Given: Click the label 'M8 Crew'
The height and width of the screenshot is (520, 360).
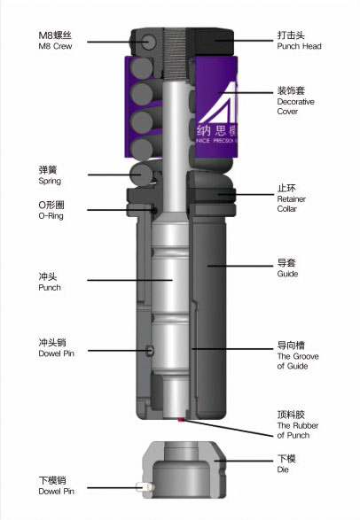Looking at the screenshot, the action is point(55,46).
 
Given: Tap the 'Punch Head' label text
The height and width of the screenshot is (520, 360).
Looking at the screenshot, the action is point(300,46).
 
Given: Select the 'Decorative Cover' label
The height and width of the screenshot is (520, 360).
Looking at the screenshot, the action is point(295,106).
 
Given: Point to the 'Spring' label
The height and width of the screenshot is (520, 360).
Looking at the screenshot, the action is point(50,181).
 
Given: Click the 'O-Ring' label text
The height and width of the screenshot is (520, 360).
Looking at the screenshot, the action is point(51,216).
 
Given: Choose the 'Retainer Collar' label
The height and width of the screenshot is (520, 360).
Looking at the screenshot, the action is point(292,204).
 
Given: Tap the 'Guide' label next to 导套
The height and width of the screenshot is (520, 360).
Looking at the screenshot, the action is point(287,274).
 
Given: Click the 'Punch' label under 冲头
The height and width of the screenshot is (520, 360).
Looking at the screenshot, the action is point(50,288).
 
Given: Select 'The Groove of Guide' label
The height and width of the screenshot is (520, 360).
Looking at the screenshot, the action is point(298,361).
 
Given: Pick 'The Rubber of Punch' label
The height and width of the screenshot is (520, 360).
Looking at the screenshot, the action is point(298,431).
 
